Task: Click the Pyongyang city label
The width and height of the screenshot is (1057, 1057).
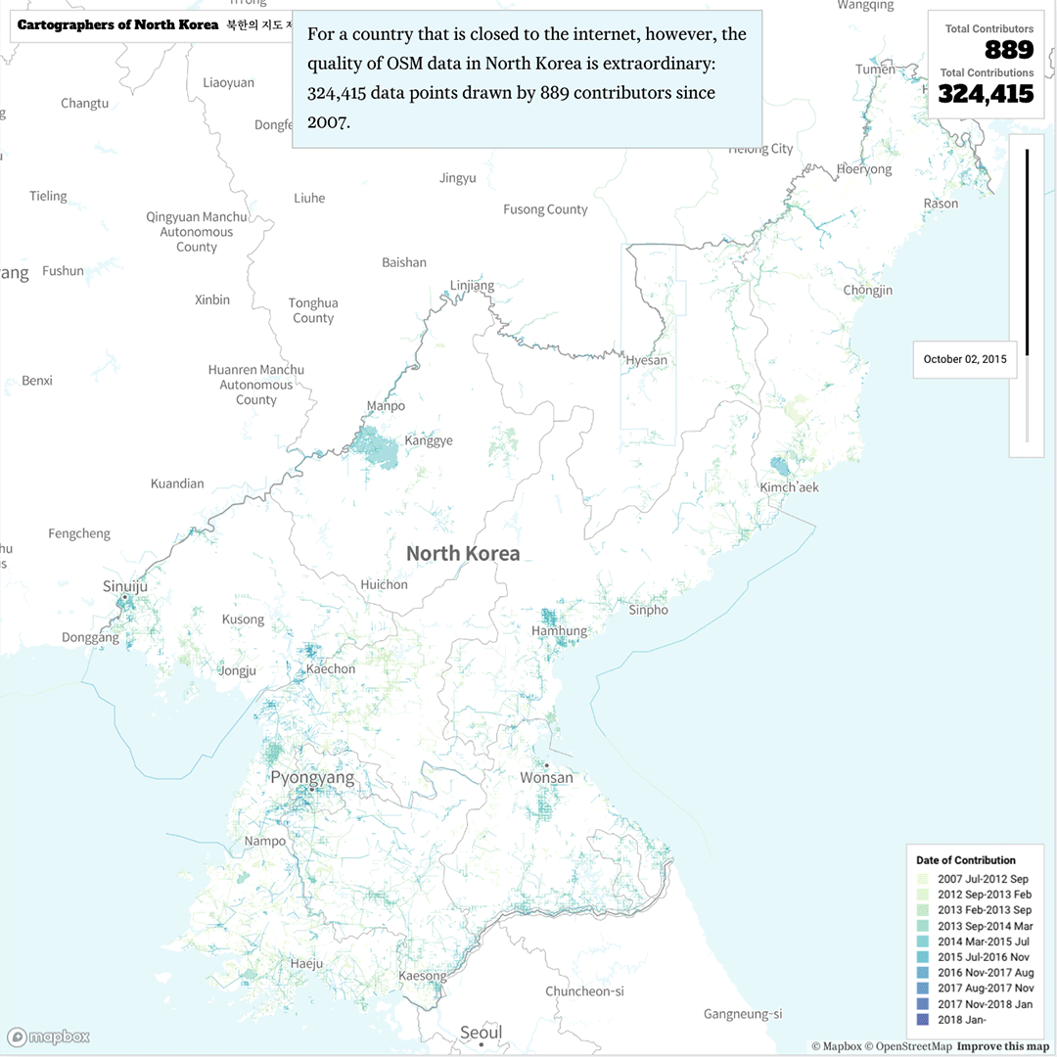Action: (312, 779)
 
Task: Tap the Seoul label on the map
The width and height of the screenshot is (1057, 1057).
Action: (481, 1033)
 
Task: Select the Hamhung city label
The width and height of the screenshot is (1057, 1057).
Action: (559, 631)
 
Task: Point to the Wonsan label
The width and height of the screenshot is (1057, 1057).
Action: (546, 778)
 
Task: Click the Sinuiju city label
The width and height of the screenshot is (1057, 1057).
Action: (124, 586)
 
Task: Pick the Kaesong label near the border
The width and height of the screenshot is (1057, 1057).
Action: (422, 976)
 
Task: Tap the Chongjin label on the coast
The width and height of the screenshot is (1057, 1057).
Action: (867, 291)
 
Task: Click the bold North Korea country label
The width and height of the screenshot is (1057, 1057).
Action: (463, 554)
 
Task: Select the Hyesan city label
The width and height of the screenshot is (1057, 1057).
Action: (646, 360)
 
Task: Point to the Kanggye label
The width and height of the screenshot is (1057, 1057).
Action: (429, 440)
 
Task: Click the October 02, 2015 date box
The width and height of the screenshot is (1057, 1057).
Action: (964, 359)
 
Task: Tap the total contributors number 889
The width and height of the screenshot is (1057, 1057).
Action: (1008, 50)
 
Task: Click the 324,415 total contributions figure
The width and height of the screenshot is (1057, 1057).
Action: (986, 94)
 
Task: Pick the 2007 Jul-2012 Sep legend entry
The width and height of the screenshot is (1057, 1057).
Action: (982, 879)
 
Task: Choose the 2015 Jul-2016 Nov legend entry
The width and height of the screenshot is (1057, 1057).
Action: (982, 957)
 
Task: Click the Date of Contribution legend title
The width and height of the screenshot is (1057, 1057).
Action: (965, 860)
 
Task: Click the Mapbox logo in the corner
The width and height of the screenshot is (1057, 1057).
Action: (49, 1037)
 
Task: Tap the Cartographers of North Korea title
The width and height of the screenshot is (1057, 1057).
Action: (117, 24)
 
